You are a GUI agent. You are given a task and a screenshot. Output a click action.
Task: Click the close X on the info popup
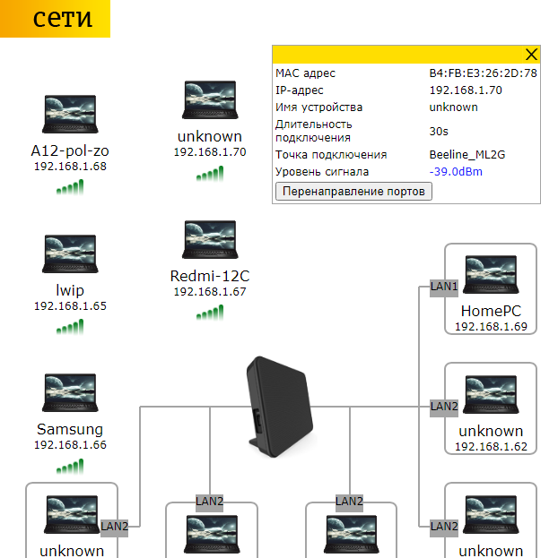tap(530, 55)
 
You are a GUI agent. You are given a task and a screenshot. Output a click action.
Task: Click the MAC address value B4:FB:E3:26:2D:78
tap(483, 73)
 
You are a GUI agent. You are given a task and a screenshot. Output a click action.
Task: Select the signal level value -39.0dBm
tap(456, 171)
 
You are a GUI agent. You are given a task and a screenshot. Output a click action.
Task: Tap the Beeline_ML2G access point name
tap(466, 154)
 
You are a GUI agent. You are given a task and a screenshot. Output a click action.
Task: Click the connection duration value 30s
tap(439, 131)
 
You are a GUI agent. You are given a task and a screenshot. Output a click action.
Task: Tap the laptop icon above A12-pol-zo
tap(70, 113)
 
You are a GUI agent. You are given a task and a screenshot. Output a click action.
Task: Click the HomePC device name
tap(491, 311)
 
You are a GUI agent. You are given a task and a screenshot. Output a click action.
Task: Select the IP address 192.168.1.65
tap(70, 306)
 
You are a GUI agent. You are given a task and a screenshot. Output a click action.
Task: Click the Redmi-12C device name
tap(209, 276)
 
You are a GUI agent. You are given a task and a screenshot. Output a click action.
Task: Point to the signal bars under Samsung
tap(70, 467)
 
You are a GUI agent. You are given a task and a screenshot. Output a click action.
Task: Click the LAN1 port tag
tap(444, 287)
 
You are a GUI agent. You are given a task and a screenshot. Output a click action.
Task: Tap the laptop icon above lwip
tap(70, 253)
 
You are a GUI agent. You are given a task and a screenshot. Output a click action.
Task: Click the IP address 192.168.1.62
tap(491, 447)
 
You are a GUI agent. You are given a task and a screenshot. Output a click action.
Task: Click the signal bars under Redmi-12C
tap(210, 313)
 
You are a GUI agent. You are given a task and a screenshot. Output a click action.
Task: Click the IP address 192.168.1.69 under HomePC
tap(491, 327)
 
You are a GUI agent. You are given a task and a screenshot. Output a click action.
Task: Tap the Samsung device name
tap(70, 429)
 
